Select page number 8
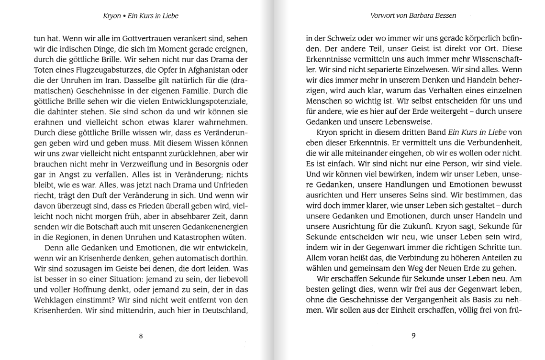(141, 336)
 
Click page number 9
(413, 336)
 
